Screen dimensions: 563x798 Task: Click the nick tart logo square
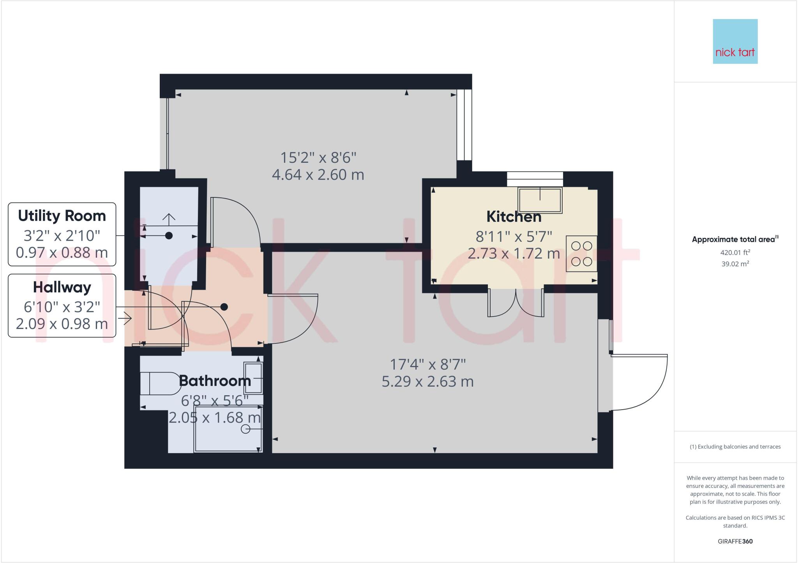click(735, 41)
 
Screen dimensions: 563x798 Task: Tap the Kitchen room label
click(514, 217)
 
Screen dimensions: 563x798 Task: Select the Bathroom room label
click(215, 381)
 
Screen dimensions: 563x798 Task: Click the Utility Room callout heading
click(62, 216)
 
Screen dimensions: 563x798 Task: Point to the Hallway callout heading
click(62, 287)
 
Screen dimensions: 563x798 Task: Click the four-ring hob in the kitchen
click(581, 253)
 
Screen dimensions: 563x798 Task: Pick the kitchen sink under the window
click(540, 200)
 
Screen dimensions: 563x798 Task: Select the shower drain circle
click(245, 429)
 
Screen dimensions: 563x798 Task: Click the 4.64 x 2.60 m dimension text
click(318, 175)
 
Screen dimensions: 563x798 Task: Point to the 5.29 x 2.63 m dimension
click(427, 382)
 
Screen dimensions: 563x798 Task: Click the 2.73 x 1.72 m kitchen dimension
click(514, 254)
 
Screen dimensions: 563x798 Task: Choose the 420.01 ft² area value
click(735, 252)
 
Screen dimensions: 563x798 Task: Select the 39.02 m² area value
click(735, 264)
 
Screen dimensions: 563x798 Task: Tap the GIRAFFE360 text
click(735, 541)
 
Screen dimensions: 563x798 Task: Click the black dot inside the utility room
click(169, 236)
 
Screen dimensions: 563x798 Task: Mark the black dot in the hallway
click(224, 307)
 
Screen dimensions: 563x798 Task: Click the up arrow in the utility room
click(169, 219)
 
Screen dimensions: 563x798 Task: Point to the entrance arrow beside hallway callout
click(127, 319)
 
